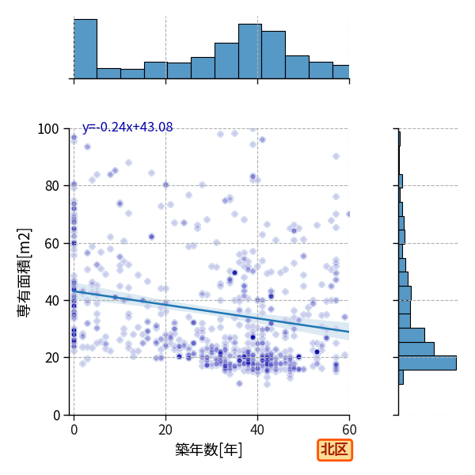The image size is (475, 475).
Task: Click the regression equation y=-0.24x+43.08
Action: tap(127, 127)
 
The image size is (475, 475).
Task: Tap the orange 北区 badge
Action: tap(335, 450)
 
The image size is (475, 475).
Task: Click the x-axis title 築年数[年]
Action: tap(209, 450)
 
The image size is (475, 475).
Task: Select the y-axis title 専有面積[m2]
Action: tap(25, 272)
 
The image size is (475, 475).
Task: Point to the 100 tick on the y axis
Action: tap(47, 129)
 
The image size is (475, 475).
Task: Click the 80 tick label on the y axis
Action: tap(51, 186)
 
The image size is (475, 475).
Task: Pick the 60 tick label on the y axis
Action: tap(51, 244)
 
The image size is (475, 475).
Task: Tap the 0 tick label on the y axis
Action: tap(56, 416)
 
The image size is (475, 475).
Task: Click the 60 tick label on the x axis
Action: tap(349, 430)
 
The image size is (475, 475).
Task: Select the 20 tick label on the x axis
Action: tap(165, 430)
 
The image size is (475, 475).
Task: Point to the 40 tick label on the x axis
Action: tap(257, 430)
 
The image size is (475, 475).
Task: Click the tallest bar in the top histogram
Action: tap(85, 49)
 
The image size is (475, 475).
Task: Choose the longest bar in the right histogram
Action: tap(427, 363)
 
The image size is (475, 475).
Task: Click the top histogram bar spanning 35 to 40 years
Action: tap(250, 51)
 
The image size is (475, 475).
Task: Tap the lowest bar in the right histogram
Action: tap(401, 377)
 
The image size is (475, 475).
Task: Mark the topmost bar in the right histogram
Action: tap(400, 139)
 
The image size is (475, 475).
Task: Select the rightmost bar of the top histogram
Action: tap(341, 72)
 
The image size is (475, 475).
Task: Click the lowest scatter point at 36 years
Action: tap(239, 383)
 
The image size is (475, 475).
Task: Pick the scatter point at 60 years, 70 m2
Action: tap(348, 215)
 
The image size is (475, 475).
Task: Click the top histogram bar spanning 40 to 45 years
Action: tap(274, 55)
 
